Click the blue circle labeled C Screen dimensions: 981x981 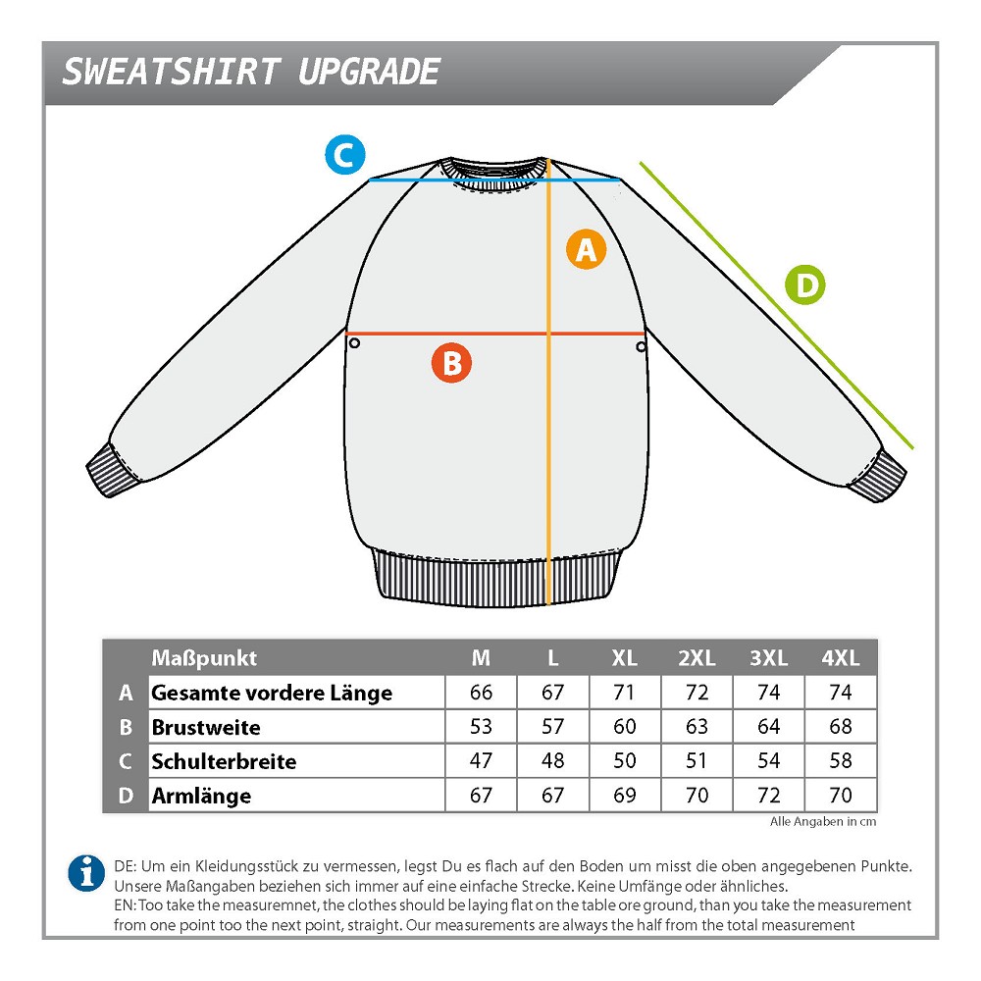point(344,155)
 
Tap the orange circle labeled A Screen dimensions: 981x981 point(586,249)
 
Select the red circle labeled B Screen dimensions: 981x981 point(451,363)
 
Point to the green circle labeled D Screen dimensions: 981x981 point(804,284)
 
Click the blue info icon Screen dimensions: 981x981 point(87,872)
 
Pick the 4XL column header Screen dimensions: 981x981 point(841,658)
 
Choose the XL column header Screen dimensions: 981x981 point(624,658)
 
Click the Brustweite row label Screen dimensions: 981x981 point(206,727)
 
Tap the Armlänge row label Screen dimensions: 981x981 point(201,796)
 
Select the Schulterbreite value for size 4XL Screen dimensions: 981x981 point(841,761)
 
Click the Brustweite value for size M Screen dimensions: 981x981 point(481,726)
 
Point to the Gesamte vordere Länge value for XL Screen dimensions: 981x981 point(624,693)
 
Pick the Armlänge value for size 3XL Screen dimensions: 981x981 point(768,796)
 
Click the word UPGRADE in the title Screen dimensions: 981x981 point(369,72)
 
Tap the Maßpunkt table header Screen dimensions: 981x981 point(204,658)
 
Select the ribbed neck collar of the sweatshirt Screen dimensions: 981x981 point(496,174)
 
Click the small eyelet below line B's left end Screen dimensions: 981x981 point(354,342)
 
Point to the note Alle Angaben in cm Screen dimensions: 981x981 point(823,822)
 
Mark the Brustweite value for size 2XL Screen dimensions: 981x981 point(697,726)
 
